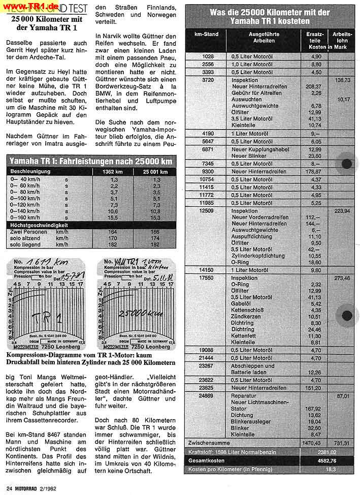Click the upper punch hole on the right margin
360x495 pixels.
coord(347,164)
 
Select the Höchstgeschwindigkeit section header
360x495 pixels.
coord(39,225)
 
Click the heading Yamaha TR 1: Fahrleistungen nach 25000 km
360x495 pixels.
coord(90,161)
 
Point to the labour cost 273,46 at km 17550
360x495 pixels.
coord(341,278)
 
